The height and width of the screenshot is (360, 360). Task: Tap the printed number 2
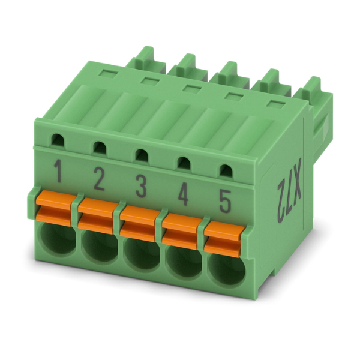coord(98,179)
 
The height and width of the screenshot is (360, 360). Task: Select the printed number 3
coord(141,186)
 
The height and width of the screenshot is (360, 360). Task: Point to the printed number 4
coord(183,194)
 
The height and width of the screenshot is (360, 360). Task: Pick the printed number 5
coord(224,201)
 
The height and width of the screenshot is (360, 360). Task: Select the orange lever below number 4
coord(182,231)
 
